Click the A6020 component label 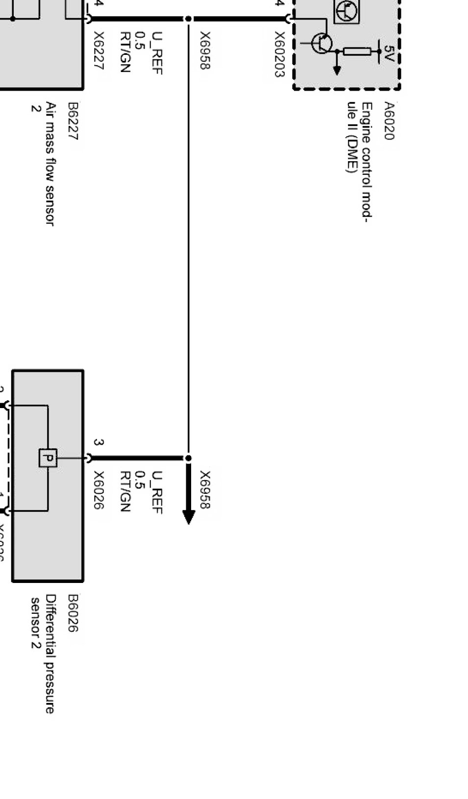tap(389, 121)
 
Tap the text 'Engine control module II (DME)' tap(359, 162)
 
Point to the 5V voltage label tap(389, 53)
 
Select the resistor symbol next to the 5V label tap(357, 51)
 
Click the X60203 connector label tap(279, 54)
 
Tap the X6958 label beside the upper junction tap(205, 50)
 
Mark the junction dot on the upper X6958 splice tap(188, 19)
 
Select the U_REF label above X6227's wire tap(157, 53)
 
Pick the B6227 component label tap(73, 121)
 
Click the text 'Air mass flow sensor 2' tap(43, 164)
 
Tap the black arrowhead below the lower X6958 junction tap(189, 516)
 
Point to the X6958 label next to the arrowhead tap(205, 489)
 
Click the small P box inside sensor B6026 tap(48, 458)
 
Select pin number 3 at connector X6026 tap(99, 442)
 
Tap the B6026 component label tap(73, 613)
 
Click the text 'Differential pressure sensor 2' tap(43, 654)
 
